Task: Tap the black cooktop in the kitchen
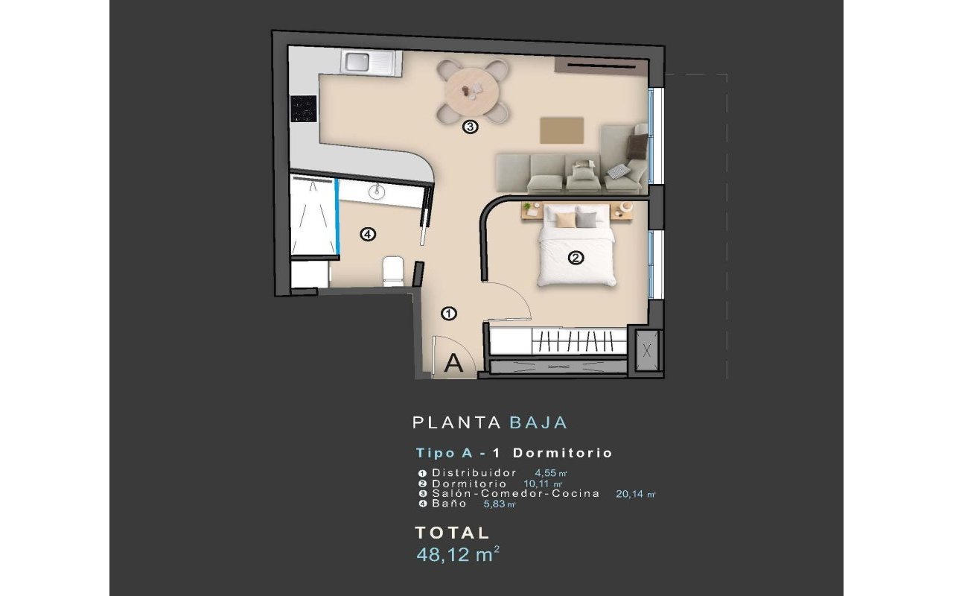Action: [303, 109]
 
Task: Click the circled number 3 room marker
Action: [470, 127]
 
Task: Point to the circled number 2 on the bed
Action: [576, 259]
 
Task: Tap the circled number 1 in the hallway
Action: [449, 314]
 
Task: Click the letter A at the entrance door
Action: [454, 364]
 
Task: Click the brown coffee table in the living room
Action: [562, 129]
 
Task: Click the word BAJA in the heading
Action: [538, 422]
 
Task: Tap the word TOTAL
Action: [452, 533]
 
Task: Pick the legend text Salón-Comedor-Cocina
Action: [515, 493]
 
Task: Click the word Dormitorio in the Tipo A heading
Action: [563, 452]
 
